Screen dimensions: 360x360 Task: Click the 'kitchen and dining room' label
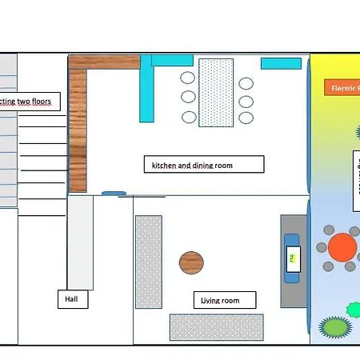tap(203, 165)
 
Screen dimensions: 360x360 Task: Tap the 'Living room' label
tap(226, 301)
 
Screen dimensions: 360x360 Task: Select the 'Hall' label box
tap(72, 299)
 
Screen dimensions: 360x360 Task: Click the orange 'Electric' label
tap(342, 88)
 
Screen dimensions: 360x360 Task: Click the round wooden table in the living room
tap(191, 262)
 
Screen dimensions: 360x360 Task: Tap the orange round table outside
tap(342, 246)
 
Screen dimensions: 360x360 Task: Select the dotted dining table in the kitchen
tap(216, 92)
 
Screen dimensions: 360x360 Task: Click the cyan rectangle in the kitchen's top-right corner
tap(281, 63)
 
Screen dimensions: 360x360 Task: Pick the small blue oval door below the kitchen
tap(114, 194)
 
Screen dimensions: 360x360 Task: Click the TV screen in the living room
tap(292, 257)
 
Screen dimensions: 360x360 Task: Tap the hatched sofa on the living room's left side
tap(148, 262)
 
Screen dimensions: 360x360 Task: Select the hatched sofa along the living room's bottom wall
tap(216, 327)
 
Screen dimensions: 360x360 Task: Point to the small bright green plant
tap(353, 309)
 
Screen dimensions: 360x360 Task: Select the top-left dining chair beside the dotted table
tap(188, 78)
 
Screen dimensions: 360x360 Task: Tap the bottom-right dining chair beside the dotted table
tap(245, 116)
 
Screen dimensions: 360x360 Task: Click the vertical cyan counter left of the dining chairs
tap(146, 90)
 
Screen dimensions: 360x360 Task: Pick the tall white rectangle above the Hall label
tap(80, 242)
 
